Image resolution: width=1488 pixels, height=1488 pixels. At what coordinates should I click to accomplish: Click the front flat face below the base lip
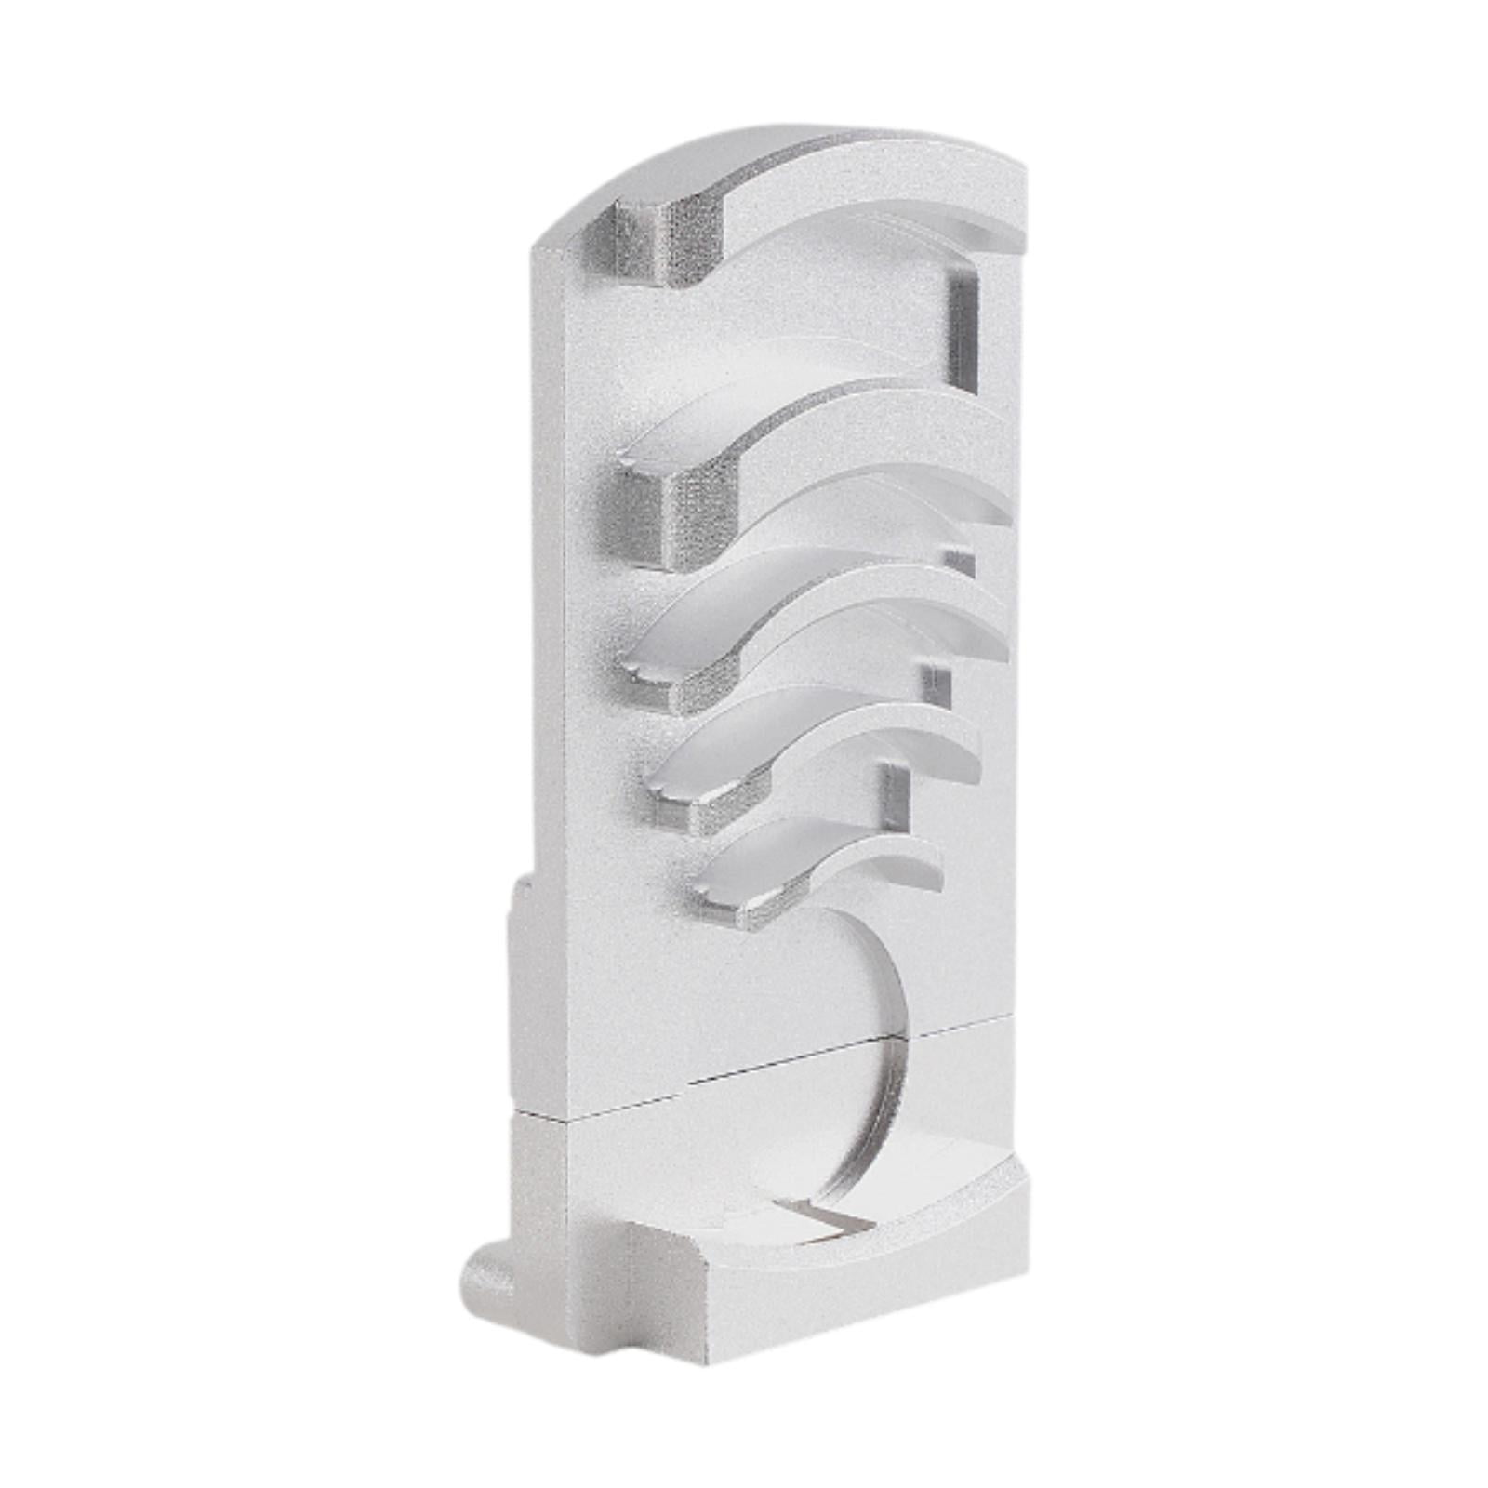pyautogui.click(x=865, y=1302)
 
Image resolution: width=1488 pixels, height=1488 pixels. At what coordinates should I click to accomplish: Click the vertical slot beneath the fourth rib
pyautogui.click(x=895, y=795)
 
